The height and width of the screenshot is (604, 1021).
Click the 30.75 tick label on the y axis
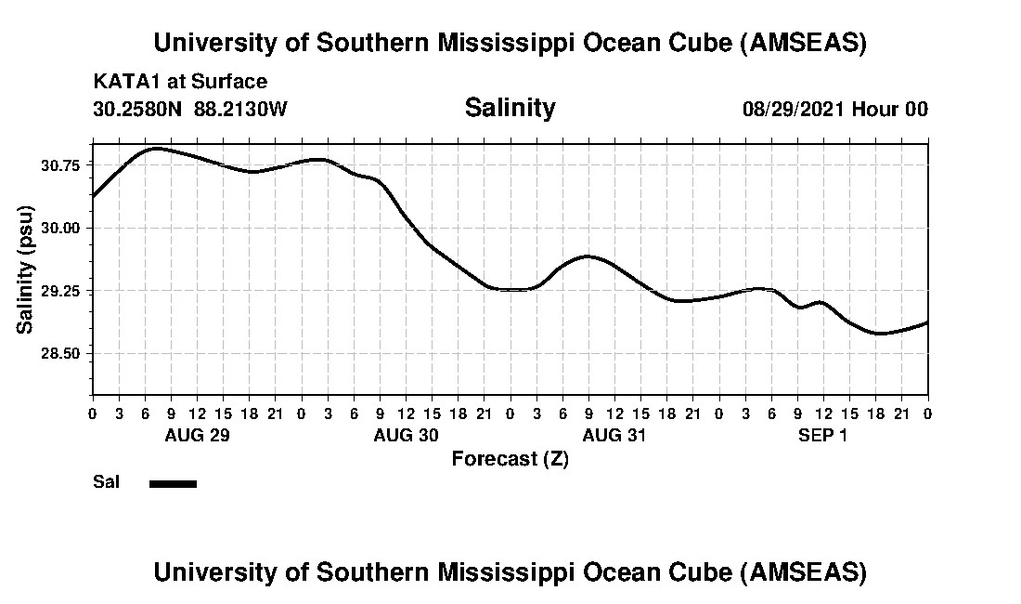pos(60,165)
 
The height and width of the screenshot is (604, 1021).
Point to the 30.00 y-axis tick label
pos(60,229)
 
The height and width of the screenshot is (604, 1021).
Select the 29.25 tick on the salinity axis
pos(60,291)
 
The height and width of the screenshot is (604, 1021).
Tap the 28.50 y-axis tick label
pos(60,354)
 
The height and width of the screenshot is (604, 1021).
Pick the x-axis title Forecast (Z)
pos(510,459)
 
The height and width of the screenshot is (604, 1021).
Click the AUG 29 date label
pos(197,435)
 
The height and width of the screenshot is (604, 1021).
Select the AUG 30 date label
pos(406,435)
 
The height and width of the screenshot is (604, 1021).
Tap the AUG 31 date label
pos(614,435)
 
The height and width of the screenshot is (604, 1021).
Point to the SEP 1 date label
pos(823,435)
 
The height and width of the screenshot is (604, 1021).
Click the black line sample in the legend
pos(173,483)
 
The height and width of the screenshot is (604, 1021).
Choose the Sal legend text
pos(106,482)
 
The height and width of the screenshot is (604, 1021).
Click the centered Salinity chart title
pos(510,108)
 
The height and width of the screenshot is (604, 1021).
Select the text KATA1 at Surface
pos(180,82)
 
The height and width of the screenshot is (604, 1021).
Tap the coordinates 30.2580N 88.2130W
pos(190,109)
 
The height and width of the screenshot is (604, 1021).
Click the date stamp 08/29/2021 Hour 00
pos(834,109)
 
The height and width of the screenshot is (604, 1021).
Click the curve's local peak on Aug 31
pos(588,256)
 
